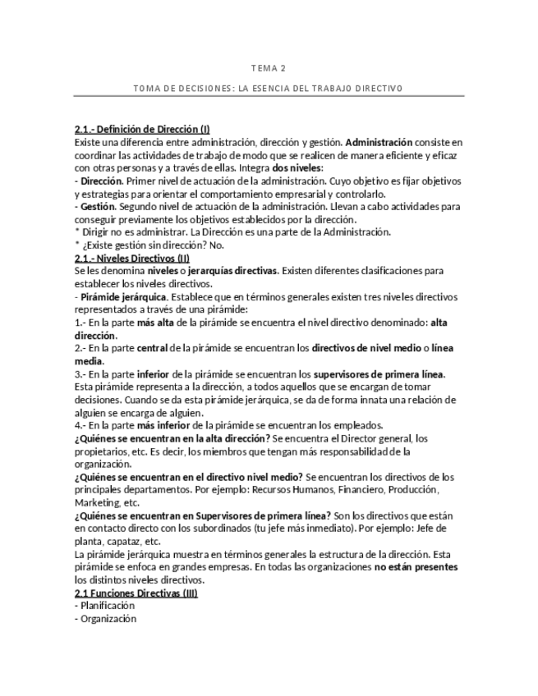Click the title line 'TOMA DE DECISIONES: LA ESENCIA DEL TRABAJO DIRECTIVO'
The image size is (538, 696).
pyautogui.click(x=268, y=88)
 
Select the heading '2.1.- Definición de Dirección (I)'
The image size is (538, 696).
pyautogui.click(x=142, y=129)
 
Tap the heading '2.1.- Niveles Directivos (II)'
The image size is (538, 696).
pyautogui.click(x=131, y=258)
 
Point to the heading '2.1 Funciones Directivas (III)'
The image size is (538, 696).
pyautogui.click(x=136, y=593)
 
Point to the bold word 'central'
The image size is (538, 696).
pyautogui.click(x=153, y=348)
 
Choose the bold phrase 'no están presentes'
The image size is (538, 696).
pyautogui.click(x=416, y=568)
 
